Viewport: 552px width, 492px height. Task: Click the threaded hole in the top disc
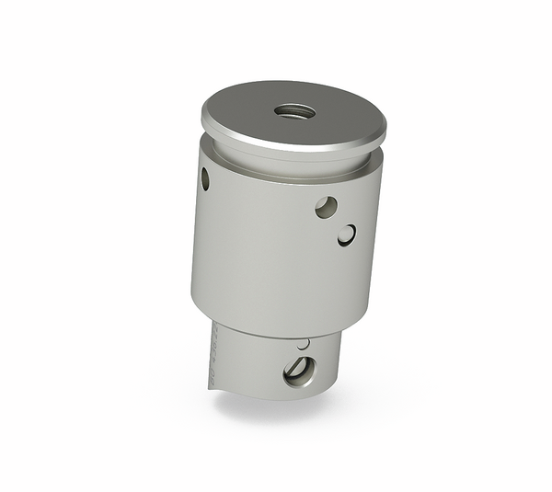click(x=294, y=111)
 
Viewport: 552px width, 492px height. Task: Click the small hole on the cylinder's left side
click(x=205, y=178)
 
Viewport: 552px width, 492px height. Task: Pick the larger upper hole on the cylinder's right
click(x=326, y=207)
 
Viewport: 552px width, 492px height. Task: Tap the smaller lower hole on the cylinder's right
click(x=347, y=235)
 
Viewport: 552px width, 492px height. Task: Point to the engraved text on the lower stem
click(x=213, y=354)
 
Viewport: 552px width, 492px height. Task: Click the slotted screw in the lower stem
click(x=299, y=371)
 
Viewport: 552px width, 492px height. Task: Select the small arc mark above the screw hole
click(x=303, y=344)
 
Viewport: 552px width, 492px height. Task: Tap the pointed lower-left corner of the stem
click(x=211, y=392)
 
